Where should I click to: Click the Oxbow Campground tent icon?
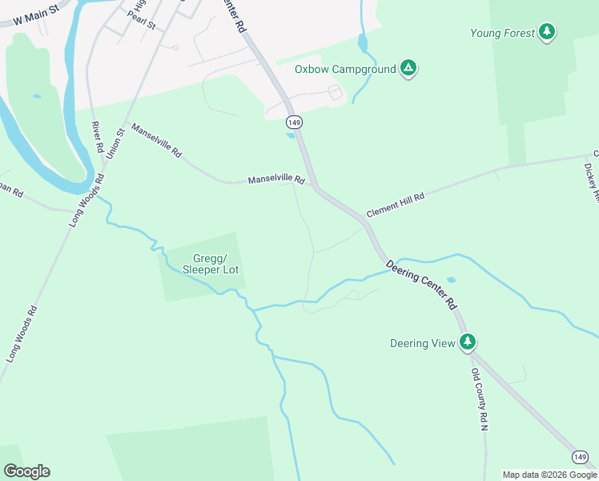[x=408, y=68]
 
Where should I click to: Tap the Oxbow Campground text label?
[x=345, y=69]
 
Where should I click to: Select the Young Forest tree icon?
[x=547, y=32]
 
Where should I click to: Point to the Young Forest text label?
[x=502, y=33]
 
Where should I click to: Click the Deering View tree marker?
[x=468, y=342]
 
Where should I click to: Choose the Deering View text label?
[x=422, y=343]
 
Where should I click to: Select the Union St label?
[x=115, y=143]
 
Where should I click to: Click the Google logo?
[x=26, y=471]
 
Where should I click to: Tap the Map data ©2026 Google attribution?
[x=549, y=475]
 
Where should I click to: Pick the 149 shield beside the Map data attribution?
[x=581, y=457]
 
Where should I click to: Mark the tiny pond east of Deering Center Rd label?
[x=452, y=281]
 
